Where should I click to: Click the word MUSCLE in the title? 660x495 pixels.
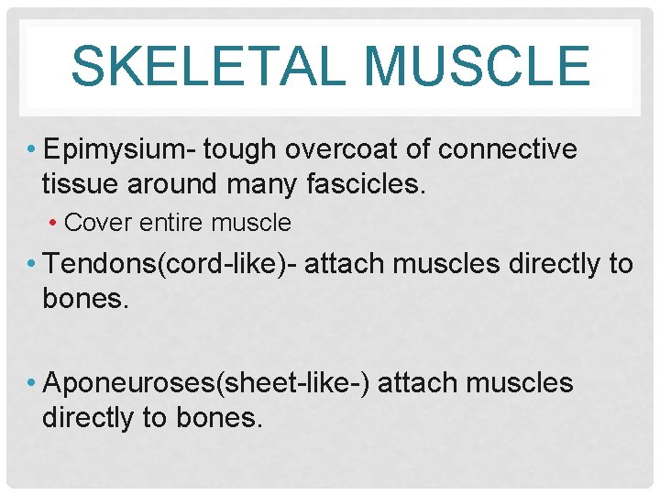[x=477, y=67]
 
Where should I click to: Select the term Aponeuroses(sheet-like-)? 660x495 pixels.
[x=207, y=382]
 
